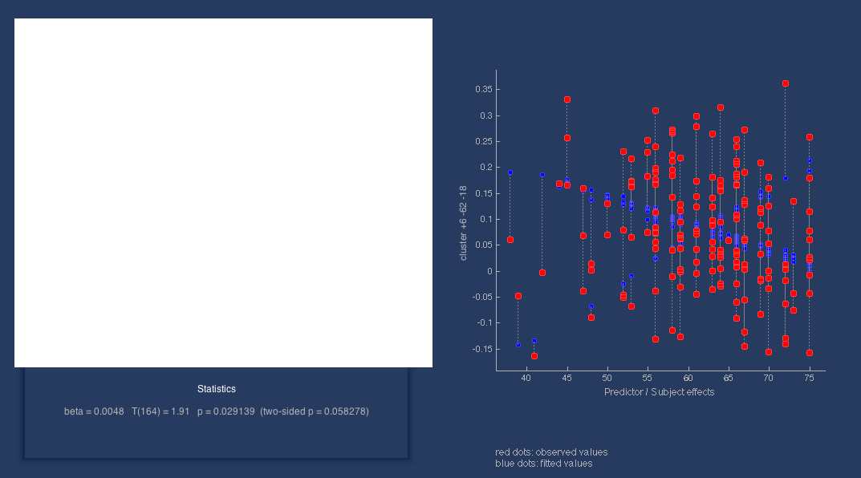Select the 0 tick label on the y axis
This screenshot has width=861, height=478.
pos(488,271)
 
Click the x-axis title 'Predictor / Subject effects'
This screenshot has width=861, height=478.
pos(659,392)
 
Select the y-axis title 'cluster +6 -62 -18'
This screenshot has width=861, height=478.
pos(463,223)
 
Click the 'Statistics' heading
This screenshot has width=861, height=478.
pos(217,389)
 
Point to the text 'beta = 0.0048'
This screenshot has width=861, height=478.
pos(94,411)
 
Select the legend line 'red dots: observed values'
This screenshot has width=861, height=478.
pos(551,452)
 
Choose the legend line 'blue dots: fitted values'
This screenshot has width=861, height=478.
pos(544,464)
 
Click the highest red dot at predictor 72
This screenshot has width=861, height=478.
pos(786,83)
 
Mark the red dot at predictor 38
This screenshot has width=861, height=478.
pos(510,240)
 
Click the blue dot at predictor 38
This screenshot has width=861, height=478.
pos(510,172)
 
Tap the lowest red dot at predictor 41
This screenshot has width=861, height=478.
pos(534,355)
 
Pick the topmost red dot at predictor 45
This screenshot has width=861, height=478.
pos(567,99)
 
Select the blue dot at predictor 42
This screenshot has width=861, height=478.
pos(542,175)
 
